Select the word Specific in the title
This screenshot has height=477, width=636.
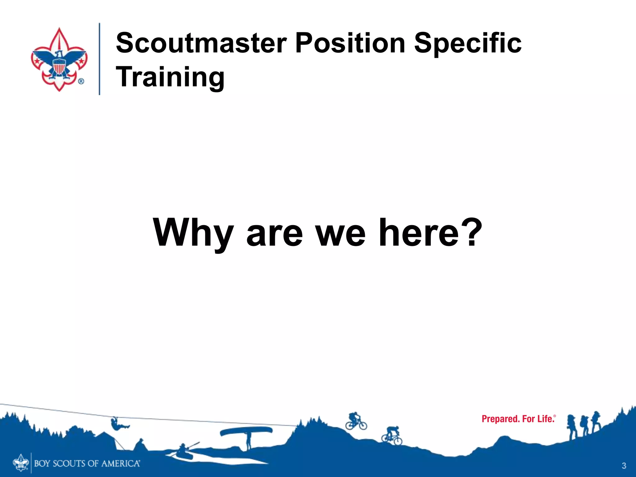[468, 43]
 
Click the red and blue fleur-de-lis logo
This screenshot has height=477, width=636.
[59, 59]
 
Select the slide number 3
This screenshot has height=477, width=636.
[624, 466]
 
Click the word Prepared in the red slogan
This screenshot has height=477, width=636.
[500, 419]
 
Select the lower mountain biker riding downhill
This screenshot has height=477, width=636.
[392, 436]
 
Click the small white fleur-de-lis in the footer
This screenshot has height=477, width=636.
[20, 463]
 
